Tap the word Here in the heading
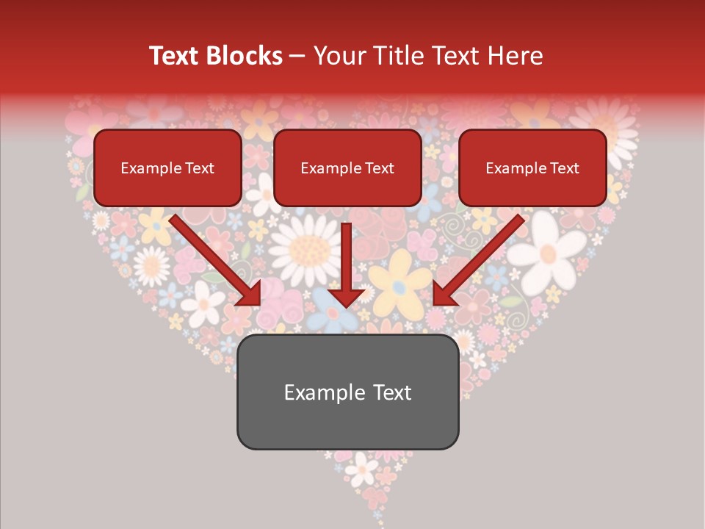(515, 56)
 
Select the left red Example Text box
(167, 168)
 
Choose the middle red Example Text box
(347, 168)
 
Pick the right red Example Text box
(532, 168)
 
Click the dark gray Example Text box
(347, 392)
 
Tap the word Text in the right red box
(564, 168)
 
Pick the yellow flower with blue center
(399, 279)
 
